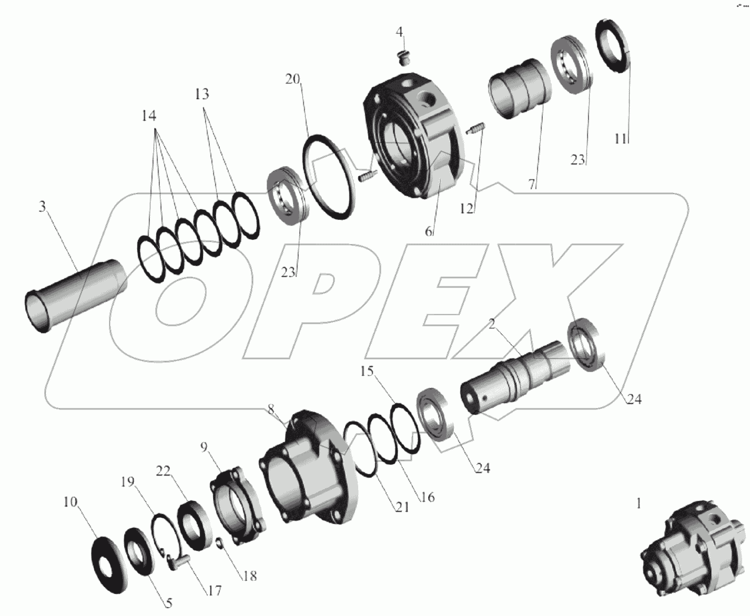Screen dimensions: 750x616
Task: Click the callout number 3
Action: [x=42, y=207]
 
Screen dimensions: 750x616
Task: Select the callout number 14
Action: [x=149, y=116]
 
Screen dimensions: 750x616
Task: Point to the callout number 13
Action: [x=202, y=94]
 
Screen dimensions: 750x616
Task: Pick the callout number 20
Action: [x=292, y=79]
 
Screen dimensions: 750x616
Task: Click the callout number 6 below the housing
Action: [x=429, y=231]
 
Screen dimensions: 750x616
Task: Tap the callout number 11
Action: [x=621, y=139]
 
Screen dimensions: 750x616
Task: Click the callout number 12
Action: [x=467, y=209]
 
